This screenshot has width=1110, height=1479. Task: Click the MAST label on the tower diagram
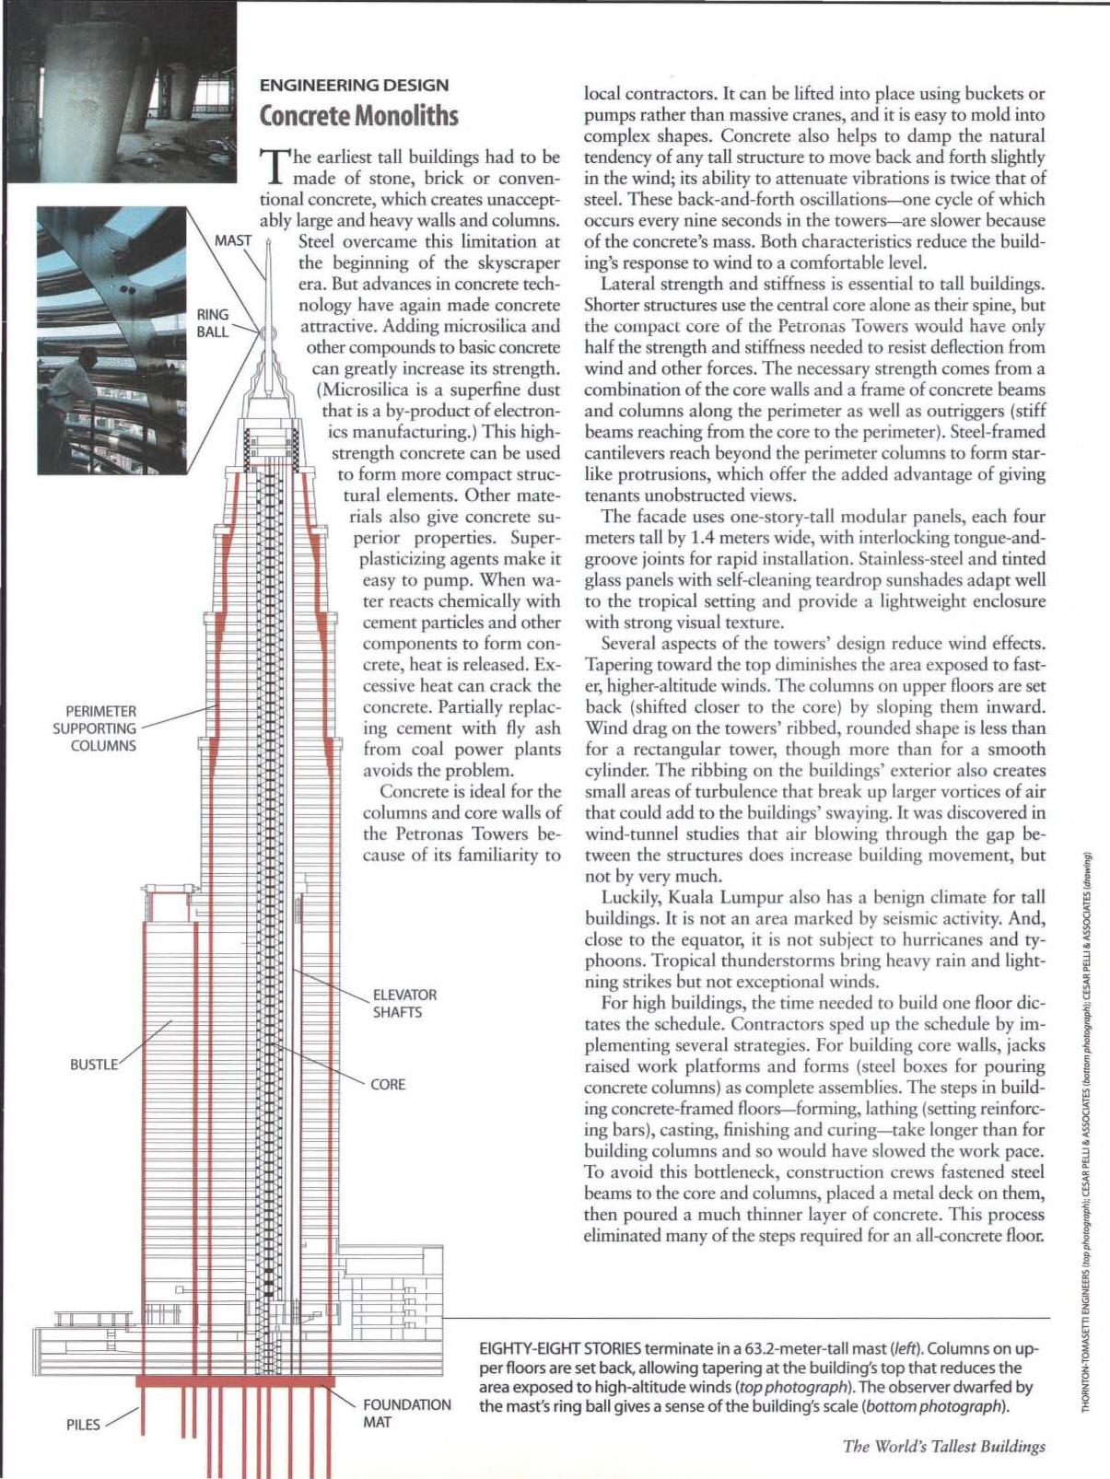point(233,241)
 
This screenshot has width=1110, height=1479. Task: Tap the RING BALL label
point(213,322)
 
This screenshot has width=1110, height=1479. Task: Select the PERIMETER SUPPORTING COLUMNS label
point(101,728)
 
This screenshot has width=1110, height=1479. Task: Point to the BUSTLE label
point(94,1065)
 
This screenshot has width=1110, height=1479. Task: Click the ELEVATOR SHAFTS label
point(404,1004)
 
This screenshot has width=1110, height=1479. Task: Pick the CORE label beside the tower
point(388,1084)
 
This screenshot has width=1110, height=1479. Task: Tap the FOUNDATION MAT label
point(406,1414)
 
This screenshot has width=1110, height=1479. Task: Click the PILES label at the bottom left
point(83,1425)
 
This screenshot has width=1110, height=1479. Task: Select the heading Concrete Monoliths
point(358,116)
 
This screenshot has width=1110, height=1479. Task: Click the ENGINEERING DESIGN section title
point(354,86)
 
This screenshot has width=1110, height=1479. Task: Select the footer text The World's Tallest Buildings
point(943,1446)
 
